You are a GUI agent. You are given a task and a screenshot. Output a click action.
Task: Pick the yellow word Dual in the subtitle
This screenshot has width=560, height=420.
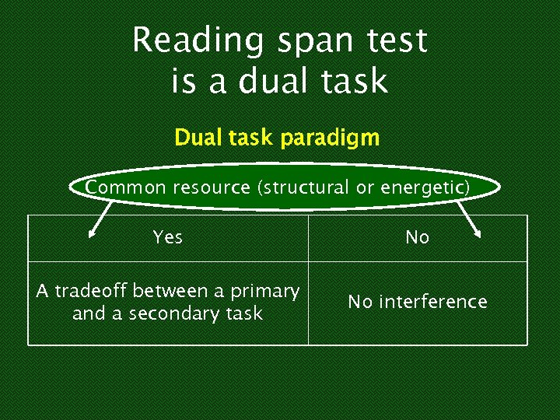(x=198, y=138)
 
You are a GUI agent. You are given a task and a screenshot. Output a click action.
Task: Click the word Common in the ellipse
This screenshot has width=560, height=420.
(x=126, y=187)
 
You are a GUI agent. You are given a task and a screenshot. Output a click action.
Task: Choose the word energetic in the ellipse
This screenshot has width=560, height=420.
(x=428, y=187)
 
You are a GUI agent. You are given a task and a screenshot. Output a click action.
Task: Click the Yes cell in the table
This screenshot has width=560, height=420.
(x=168, y=237)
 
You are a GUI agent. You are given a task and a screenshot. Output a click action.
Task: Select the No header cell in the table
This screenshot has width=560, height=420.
(x=418, y=237)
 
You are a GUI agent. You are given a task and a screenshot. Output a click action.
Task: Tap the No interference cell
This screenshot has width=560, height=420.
(x=418, y=302)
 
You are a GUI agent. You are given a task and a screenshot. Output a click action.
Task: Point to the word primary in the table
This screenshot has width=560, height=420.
(x=266, y=292)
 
